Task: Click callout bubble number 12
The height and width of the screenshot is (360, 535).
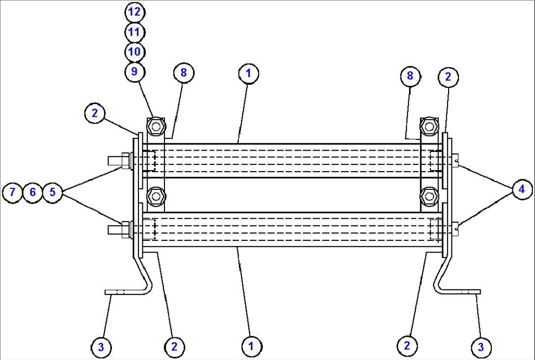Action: click(134, 12)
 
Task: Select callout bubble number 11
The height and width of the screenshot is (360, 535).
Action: click(134, 32)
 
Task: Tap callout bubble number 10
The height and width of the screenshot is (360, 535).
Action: click(134, 51)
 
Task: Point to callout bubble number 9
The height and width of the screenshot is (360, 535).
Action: click(134, 72)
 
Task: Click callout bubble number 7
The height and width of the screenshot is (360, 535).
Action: click(12, 192)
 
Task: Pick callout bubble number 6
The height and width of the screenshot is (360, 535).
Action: click(32, 192)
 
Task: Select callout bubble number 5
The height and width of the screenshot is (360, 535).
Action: click(53, 192)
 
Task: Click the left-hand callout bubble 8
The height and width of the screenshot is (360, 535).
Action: click(184, 73)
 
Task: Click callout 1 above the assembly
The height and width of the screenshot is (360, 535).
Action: click(248, 74)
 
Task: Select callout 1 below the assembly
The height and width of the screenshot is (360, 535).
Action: click(251, 346)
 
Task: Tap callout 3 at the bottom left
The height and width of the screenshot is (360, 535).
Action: click(101, 348)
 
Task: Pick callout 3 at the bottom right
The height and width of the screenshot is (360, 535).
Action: click(481, 347)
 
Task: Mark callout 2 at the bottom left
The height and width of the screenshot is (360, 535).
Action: click(174, 347)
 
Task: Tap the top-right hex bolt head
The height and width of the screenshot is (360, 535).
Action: click(429, 127)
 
